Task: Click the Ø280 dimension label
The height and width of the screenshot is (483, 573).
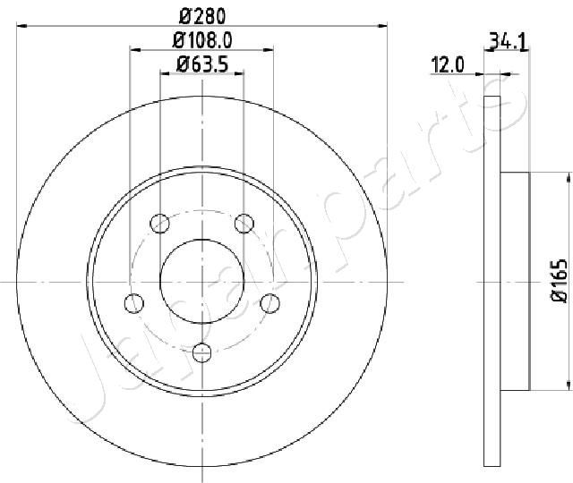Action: tap(202, 16)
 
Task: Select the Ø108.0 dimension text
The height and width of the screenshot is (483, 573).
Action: tap(202, 40)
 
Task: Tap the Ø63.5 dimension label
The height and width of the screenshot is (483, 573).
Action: tap(202, 64)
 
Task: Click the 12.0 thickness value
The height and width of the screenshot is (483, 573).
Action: tap(448, 65)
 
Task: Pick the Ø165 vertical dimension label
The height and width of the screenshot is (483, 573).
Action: tap(559, 281)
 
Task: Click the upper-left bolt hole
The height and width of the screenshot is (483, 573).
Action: tap(159, 224)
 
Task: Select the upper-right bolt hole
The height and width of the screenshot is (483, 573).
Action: tap(244, 224)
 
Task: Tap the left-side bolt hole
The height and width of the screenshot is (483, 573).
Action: tap(134, 303)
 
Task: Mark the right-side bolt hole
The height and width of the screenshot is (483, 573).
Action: tap(270, 303)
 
